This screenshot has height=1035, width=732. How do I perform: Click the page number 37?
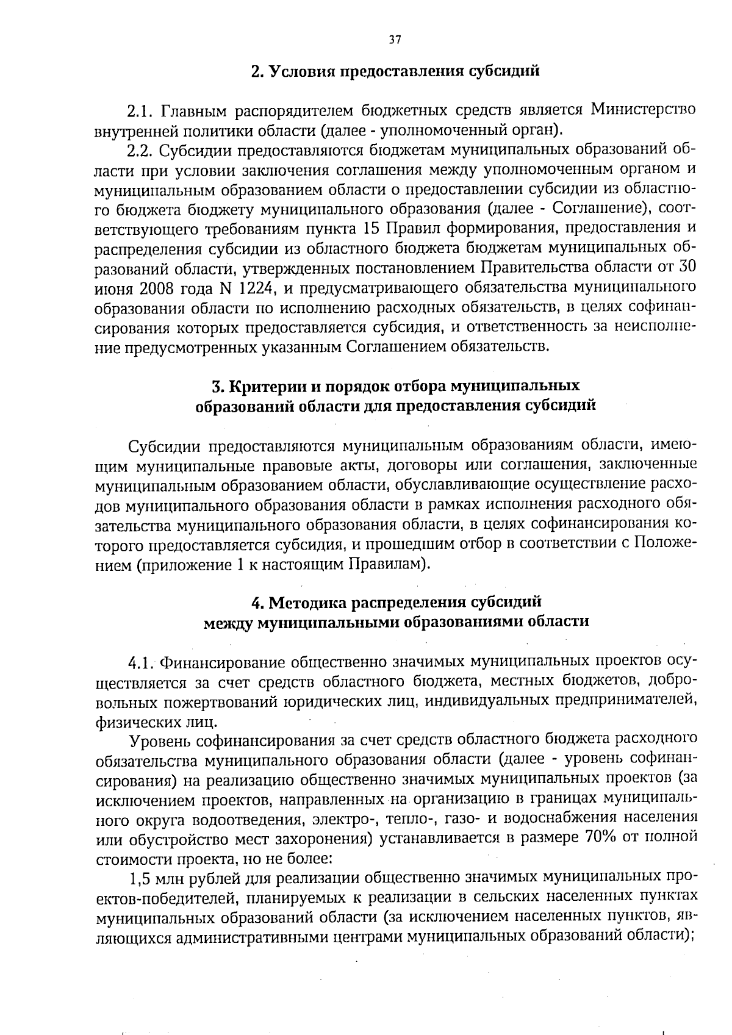pyautogui.click(x=395, y=40)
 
